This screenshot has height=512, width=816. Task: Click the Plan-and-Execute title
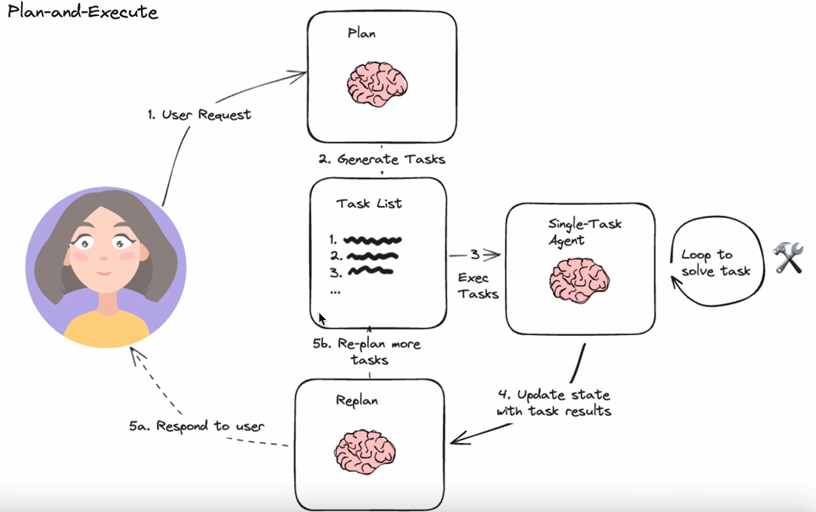(x=82, y=12)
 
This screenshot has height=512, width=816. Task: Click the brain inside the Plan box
(x=377, y=84)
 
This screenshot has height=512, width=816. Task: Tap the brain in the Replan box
(x=364, y=452)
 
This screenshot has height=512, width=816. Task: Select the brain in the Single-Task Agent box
(x=579, y=281)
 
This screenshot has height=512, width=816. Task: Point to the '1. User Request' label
(x=199, y=115)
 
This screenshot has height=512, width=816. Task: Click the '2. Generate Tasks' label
(x=382, y=159)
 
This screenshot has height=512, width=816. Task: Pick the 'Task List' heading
(x=369, y=204)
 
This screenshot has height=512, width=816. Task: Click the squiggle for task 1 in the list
(x=373, y=240)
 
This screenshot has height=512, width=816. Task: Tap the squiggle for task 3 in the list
(x=370, y=271)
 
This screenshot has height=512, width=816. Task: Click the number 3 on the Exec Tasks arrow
(x=475, y=254)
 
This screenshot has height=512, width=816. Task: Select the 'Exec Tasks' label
(x=478, y=286)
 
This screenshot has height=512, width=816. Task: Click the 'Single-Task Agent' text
(x=584, y=232)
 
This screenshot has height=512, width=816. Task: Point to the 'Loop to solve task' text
(x=715, y=263)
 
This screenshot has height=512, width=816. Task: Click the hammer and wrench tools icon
(x=788, y=258)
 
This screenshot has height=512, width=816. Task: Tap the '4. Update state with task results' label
(x=554, y=403)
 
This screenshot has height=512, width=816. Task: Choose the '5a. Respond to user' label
(x=196, y=426)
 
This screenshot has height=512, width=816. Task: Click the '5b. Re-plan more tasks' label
(x=367, y=352)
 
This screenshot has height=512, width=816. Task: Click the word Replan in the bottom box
(x=357, y=400)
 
